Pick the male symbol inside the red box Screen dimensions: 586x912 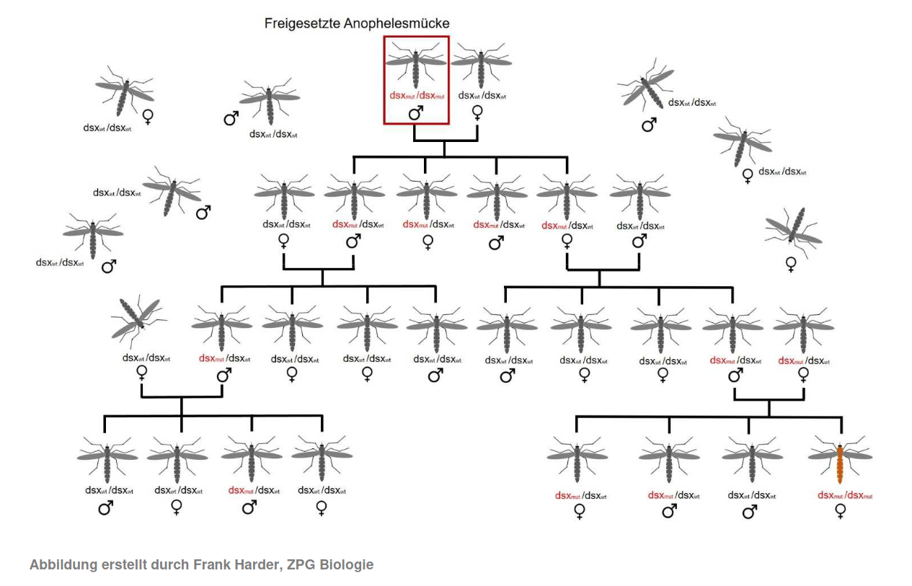[x=416, y=113]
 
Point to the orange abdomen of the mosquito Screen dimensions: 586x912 [x=840, y=465]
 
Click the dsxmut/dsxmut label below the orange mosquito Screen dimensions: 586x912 [x=845, y=495]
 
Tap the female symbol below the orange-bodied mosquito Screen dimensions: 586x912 [x=841, y=511]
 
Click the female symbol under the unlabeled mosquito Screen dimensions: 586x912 [x=791, y=265]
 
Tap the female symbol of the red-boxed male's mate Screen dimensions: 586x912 [x=477, y=112]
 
